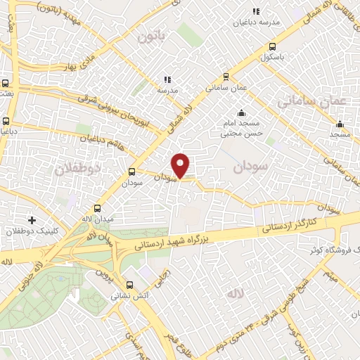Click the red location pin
point(181,165)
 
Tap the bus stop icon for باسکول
point(272,48)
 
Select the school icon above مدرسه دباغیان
point(256,11)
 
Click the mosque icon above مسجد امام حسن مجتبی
point(242,113)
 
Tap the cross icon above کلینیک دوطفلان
point(31,219)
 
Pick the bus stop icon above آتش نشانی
point(129,285)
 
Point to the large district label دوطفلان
point(77,169)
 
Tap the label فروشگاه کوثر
point(333,250)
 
